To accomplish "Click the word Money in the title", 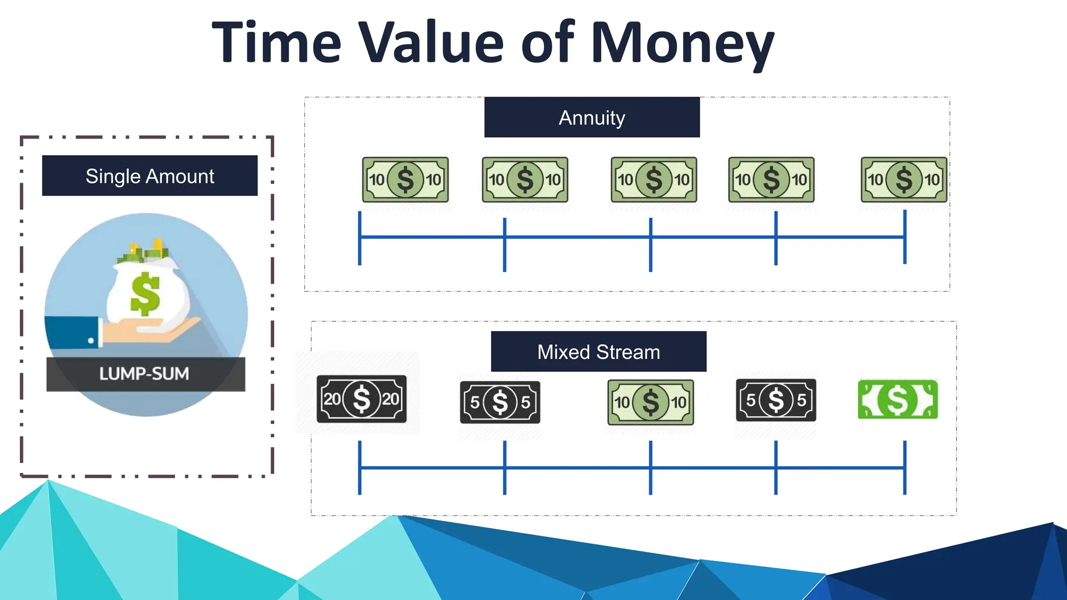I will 683,43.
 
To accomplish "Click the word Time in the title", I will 277,43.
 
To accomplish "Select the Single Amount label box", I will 150,176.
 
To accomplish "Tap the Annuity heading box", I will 592,117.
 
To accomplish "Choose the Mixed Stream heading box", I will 599,352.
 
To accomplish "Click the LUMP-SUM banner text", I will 144,374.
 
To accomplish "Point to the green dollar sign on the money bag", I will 145,294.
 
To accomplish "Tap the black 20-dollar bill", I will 362,399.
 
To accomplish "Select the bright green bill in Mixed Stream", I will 898,399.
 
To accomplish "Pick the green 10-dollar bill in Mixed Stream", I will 651,402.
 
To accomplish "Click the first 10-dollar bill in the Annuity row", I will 405,180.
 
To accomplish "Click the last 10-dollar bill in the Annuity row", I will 904,180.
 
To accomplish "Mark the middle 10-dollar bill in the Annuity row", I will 654,180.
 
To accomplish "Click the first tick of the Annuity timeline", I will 359,238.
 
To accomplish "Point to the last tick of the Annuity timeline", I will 905,237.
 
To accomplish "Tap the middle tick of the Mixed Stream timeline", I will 651,468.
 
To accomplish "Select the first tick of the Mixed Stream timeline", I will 359,468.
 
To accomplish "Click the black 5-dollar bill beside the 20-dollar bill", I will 500,402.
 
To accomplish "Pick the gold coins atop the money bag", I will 156,247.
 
